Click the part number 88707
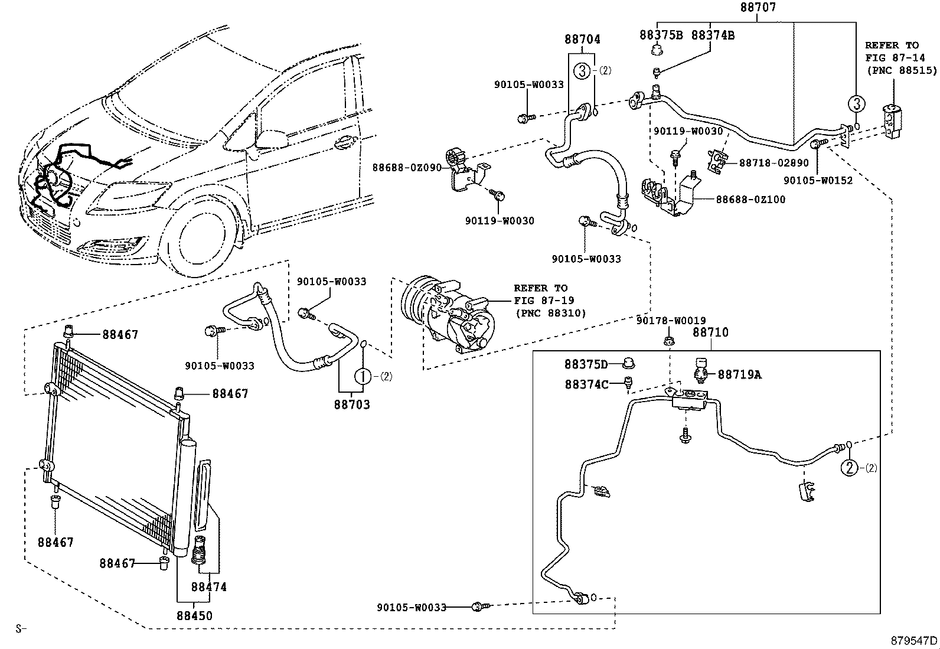(758, 8)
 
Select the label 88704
(582, 40)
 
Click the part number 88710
(710, 332)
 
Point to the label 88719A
(739, 374)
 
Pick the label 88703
(352, 405)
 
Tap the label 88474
(208, 587)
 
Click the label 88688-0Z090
(407, 168)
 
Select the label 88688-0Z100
(750, 200)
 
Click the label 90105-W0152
(818, 181)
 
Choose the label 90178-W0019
(671, 321)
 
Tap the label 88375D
(586, 364)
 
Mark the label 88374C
(586, 384)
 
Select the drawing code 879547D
(914, 640)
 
